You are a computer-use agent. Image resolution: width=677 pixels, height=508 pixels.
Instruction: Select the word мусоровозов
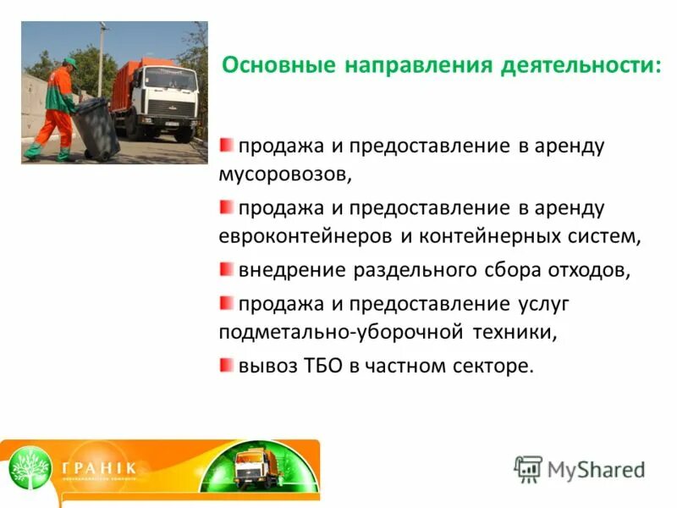point(282,175)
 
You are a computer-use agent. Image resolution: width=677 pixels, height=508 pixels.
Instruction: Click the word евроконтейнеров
point(305,236)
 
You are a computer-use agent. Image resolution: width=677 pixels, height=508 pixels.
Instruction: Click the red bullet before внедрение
point(226,269)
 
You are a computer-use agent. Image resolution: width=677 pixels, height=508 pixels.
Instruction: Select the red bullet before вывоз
point(226,365)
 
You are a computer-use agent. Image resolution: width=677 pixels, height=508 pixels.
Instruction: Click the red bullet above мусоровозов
point(226,145)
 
